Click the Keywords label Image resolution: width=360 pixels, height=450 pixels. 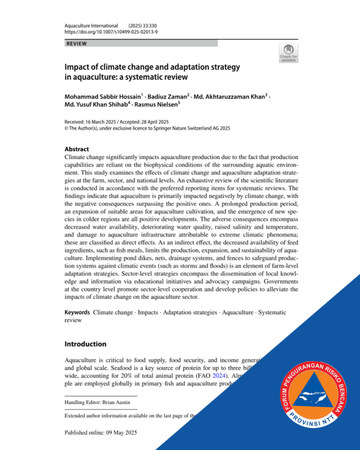[77, 312]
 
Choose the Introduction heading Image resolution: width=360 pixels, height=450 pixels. [85, 344]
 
